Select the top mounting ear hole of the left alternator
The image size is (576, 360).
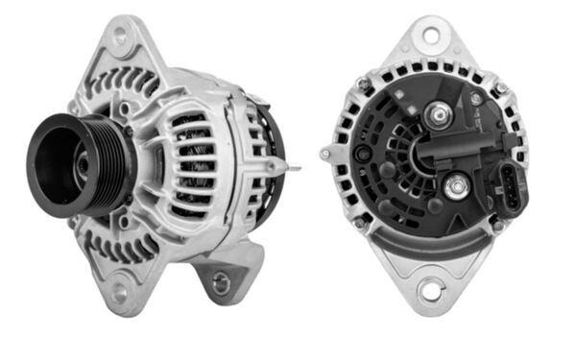[x=120, y=37]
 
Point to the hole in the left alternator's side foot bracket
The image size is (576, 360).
[x=221, y=281]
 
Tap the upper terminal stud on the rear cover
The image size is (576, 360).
[x=441, y=116]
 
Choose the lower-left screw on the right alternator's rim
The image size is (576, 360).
[x=359, y=223]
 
